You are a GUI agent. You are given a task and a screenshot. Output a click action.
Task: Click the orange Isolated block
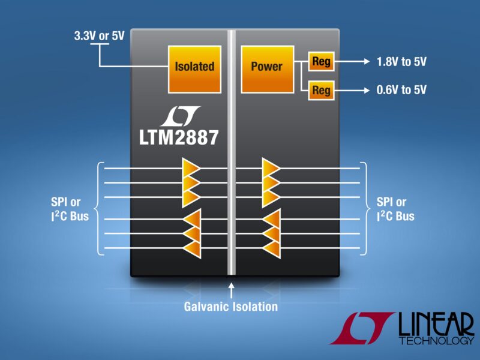click(x=194, y=67)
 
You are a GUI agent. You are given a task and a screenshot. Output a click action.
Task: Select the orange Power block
click(x=266, y=67)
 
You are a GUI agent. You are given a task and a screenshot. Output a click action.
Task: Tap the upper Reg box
click(x=321, y=62)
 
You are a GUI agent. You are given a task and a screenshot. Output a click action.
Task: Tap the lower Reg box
click(x=321, y=91)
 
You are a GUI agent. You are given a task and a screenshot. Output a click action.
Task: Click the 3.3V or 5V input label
click(x=99, y=35)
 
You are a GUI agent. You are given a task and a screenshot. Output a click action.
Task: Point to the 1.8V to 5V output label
click(x=401, y=62)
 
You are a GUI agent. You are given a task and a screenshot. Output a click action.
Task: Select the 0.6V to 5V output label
click(x=401, y=91)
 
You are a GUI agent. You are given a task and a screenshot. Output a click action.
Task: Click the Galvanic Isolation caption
click(x=231, y=307)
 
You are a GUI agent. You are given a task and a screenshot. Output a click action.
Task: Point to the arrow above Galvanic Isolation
click(x=231, y=290)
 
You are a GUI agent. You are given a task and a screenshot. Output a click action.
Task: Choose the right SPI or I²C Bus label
click(x=395, y=208)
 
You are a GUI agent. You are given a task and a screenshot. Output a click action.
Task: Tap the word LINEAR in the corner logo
click(x=436, y=325)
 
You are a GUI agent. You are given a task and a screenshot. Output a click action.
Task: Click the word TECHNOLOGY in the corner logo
click(x=436, y=341)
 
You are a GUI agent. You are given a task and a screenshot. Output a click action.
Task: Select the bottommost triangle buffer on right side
click(x=272, y=248)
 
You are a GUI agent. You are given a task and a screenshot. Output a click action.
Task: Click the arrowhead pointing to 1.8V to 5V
click(x=364, y=62)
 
